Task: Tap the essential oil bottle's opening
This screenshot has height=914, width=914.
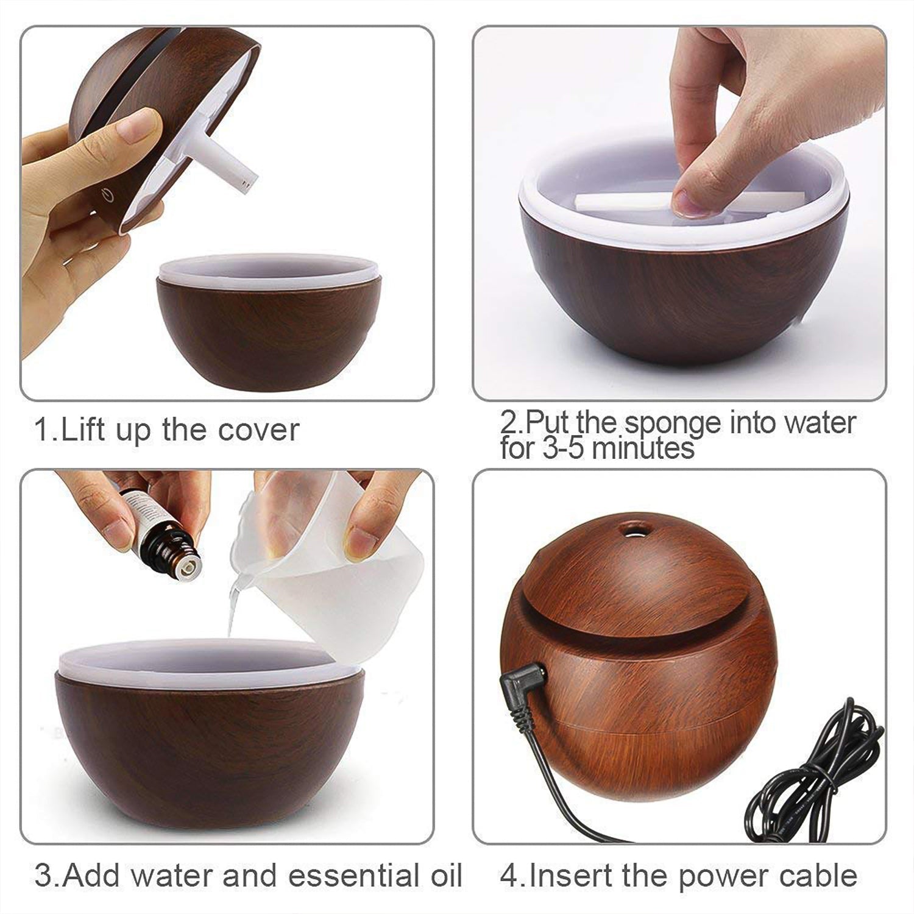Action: pos(185,567)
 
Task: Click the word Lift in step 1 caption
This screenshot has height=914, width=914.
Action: pos(84,430)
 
